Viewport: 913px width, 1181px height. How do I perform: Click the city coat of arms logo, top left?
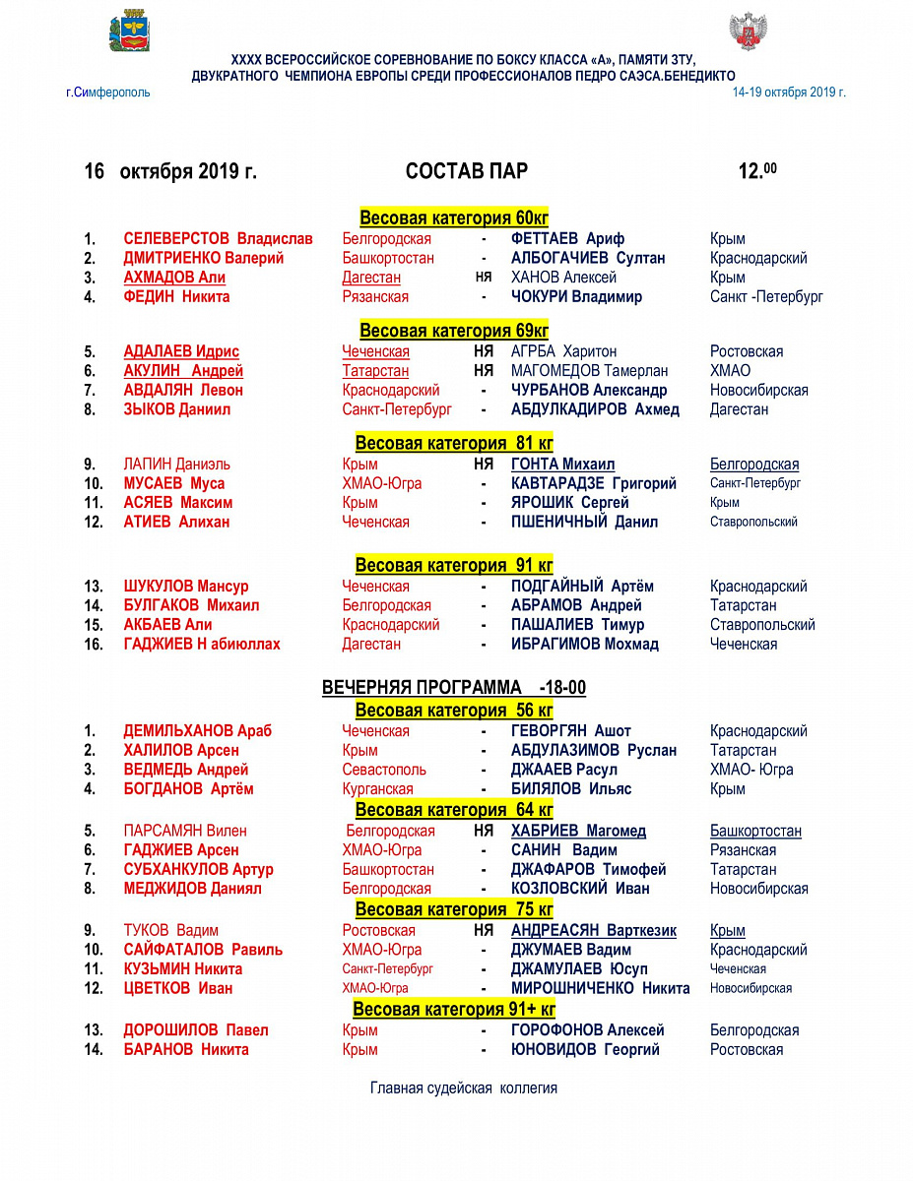pos(128,31)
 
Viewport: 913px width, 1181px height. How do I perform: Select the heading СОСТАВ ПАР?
pos(466,171)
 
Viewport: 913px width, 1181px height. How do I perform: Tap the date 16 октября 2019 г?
pos(170,171)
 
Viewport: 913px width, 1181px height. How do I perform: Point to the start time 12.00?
pos(756,171)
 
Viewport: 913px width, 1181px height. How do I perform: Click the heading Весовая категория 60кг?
pos(454,218)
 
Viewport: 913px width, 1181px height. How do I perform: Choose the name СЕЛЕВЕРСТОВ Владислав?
pos(218,238)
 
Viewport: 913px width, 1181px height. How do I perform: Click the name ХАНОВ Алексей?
pos(563,278)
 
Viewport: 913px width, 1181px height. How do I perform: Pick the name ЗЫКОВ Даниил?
pos(176,409)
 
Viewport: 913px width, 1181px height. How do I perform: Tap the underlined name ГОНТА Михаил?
pos(562,465)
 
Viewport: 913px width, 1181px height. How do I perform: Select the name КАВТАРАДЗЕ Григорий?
pos(594,483)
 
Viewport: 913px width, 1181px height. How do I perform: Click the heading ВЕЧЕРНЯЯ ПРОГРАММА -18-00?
pos(454,687)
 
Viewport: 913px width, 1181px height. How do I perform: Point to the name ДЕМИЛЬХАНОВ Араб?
pos(197,731)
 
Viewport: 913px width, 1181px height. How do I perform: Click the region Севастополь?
pos(384,770)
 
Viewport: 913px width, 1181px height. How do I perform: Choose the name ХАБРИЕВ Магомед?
pos(578,831)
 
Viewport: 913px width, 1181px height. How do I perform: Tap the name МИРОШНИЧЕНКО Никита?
pos(600,988)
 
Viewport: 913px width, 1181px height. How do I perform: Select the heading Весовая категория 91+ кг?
pos(454,1010)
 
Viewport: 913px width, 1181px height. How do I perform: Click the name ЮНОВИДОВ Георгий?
pos(585,1049)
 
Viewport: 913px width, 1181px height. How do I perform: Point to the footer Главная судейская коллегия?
pos(464,1088)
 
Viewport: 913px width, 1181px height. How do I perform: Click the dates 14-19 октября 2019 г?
pos(789,93)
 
